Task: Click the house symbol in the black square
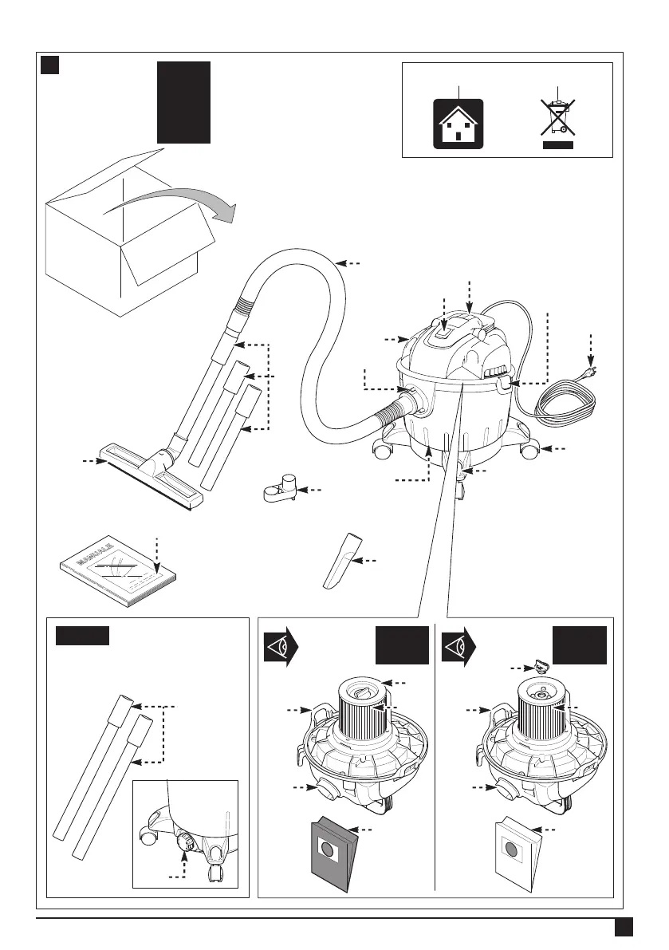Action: [458, 123]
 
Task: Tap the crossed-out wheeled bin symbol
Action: [558, 120]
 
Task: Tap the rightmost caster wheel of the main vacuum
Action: [527, 451]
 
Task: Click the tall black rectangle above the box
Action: [183, 102]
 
